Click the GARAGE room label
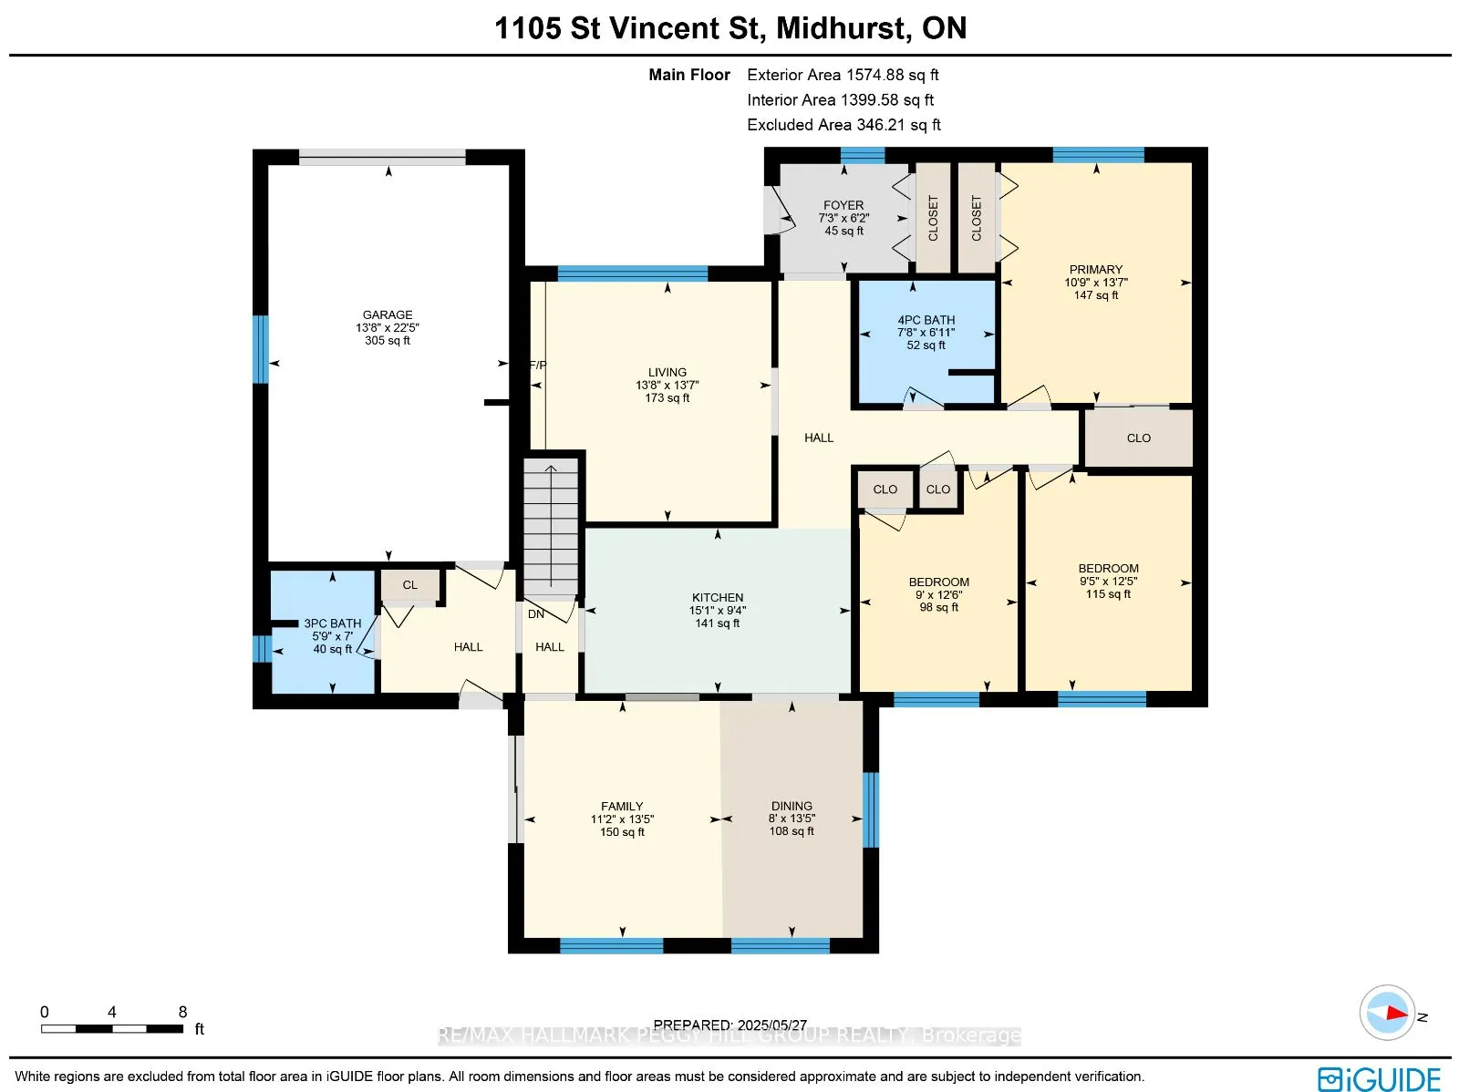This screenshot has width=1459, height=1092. [x=388, y=314]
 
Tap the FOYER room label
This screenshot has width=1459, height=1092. [x=843, y=205]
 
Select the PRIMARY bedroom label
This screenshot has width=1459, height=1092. [x=1095, y=270]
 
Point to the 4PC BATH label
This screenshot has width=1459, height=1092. [x=926, y=320]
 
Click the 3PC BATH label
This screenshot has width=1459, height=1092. [x=332, y=623]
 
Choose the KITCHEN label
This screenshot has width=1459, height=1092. [x=718, y=598]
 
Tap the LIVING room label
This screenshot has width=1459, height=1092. [x=667, y=373]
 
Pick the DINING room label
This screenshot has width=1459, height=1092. [x=792, y=806]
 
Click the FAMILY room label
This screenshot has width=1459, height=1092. [x=622, y=807]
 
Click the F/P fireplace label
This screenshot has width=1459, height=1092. [x=538, y=365]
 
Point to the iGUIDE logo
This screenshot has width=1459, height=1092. [x=1380, y=1078]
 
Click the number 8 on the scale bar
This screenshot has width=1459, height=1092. [x=182, y=1013]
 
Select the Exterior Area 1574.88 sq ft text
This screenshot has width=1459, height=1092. [x=843, y=75]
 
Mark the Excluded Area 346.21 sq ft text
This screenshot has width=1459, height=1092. [x=843, y=125]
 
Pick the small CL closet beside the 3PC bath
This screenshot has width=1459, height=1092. [x=410, y=585]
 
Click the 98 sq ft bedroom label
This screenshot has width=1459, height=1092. [x=938, y=608]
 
